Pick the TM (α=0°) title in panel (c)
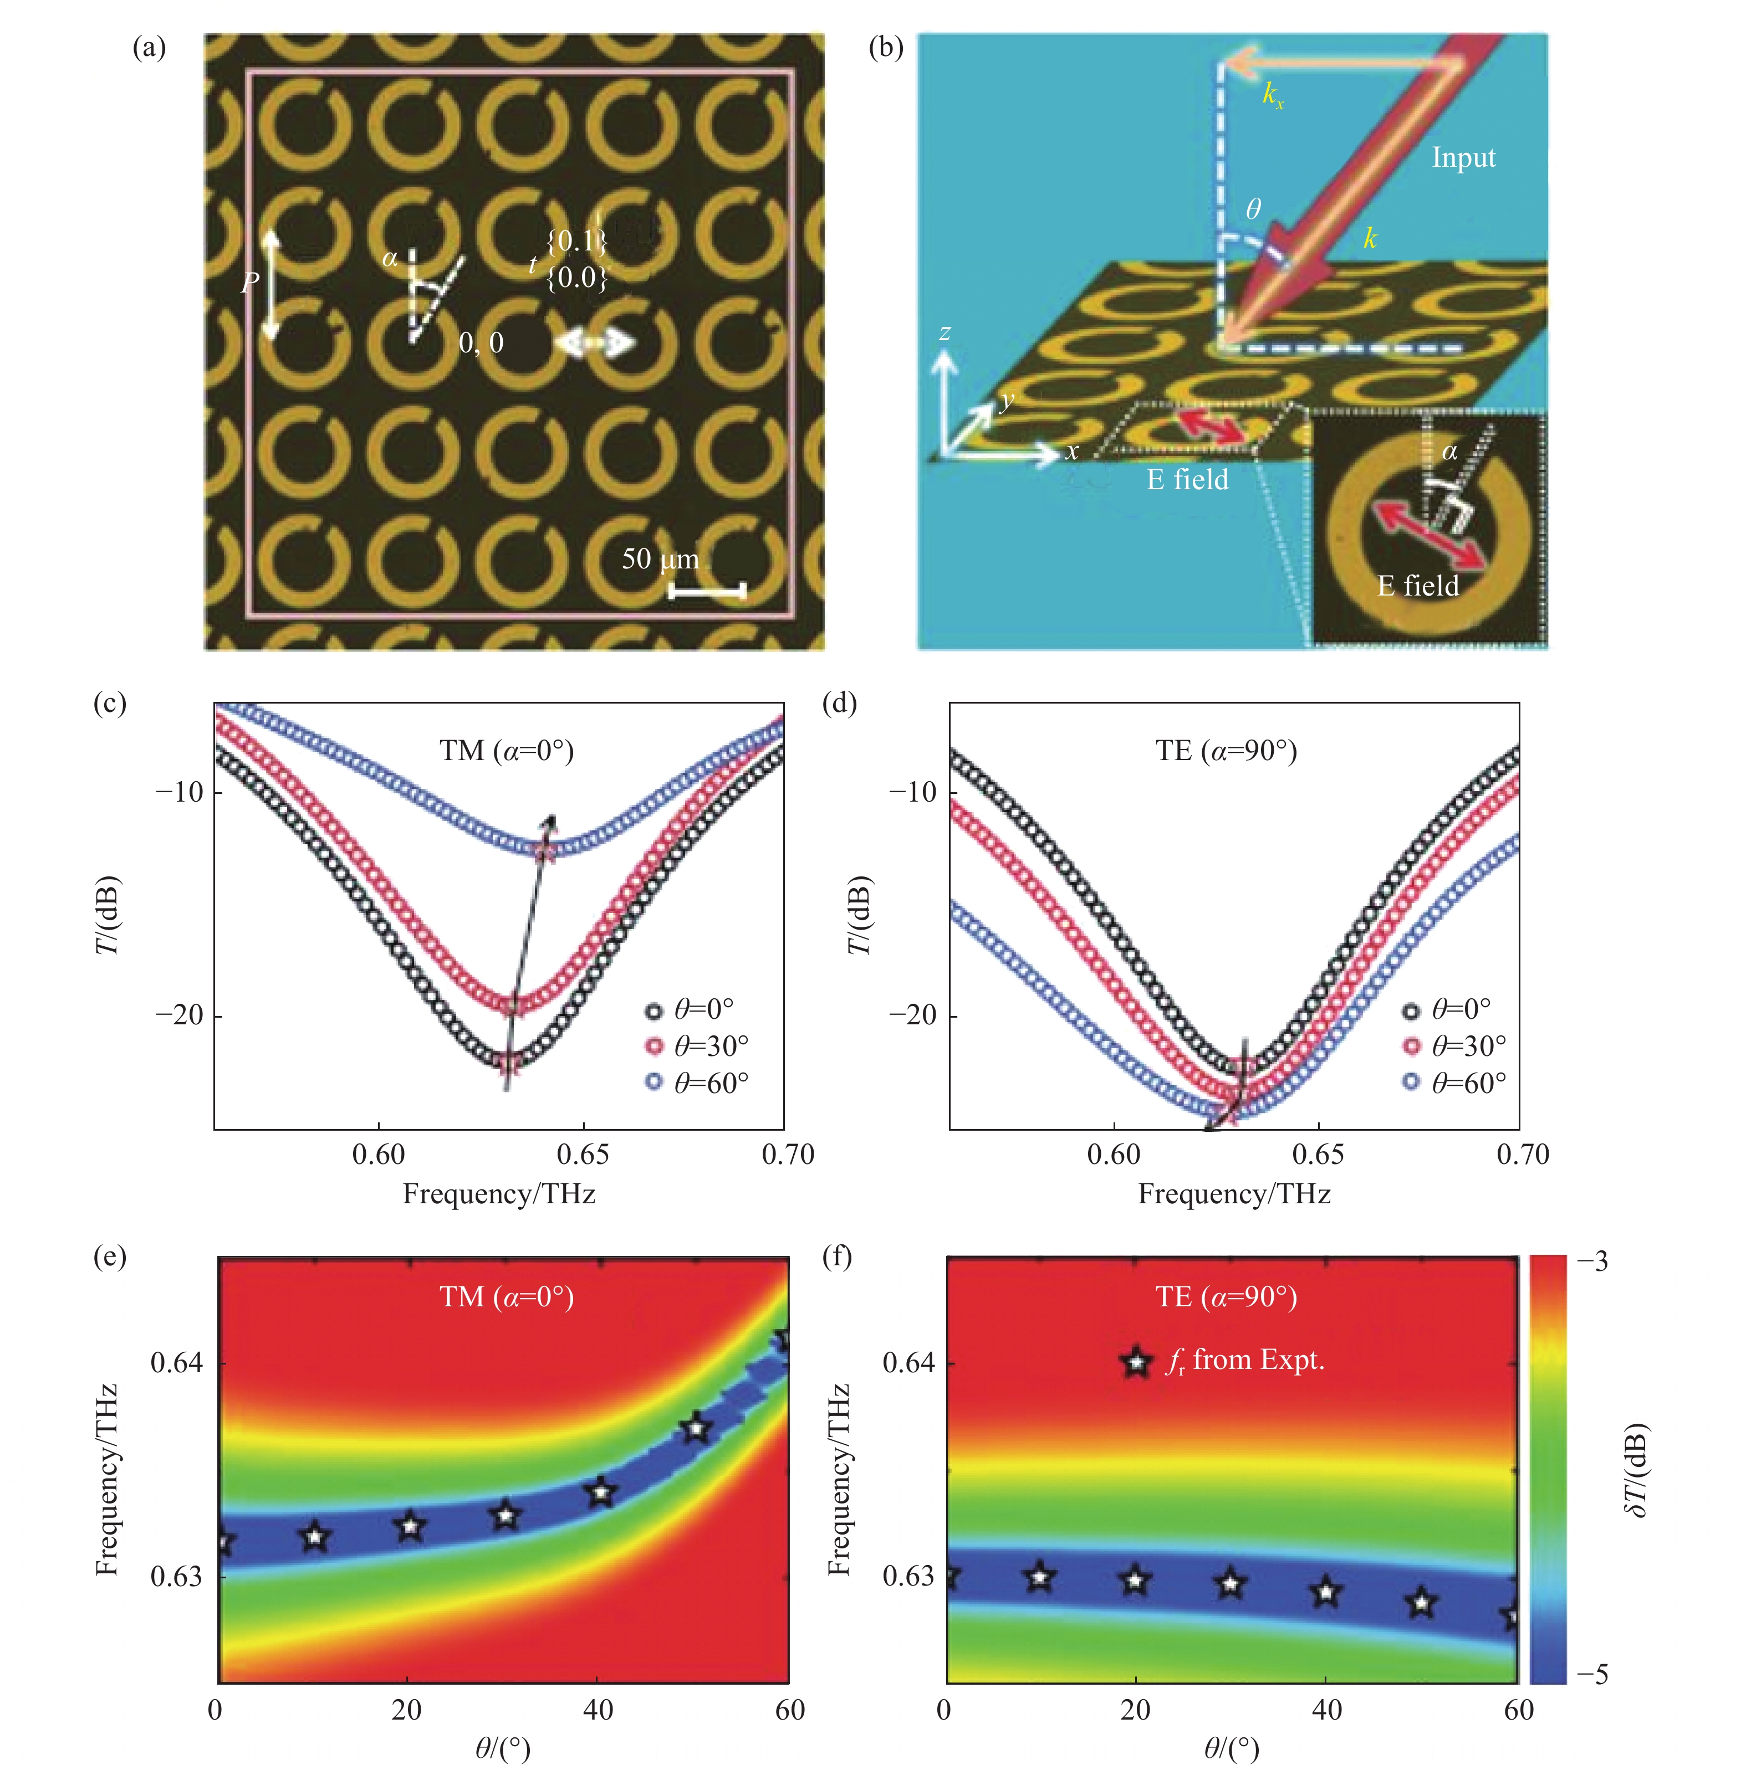(506, 751)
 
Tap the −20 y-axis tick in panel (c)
(178, 1015)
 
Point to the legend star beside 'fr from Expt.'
(1136, 1362)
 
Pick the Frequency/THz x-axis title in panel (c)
(499, 1194)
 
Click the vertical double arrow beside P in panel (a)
(271, 284)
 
